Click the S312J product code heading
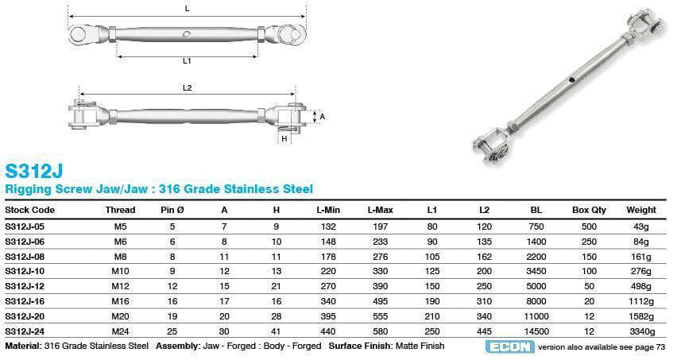pyautogui.click(x=33, y=171)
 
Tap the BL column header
pyautogui.click(x=536, y=211)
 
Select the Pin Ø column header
pyautogui.click(x=172, y=211)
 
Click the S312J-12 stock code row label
pyautogui.click(x=25, y=286)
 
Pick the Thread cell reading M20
pyautogui.click(x=121, y=316)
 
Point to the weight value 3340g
pyautogui.click(x=641, y=331)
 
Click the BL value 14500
pyautogui.click(x=536, y=331)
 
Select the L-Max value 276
pyautogui.click(x=380, y=257)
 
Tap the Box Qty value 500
pyautogui.click(x=589, y=226)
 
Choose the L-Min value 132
pyautogui.click(x=328, y=226)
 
